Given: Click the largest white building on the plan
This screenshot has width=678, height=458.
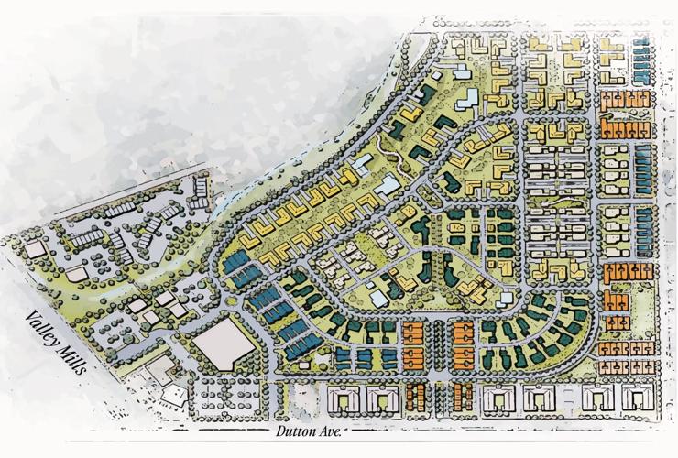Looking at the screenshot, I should pos(221,345).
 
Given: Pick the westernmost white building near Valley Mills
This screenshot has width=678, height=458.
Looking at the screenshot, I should pos(37,248).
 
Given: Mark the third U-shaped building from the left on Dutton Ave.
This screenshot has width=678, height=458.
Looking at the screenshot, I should pos(496,398).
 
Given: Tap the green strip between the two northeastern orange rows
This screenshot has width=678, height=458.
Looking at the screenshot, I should pos(626,114).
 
